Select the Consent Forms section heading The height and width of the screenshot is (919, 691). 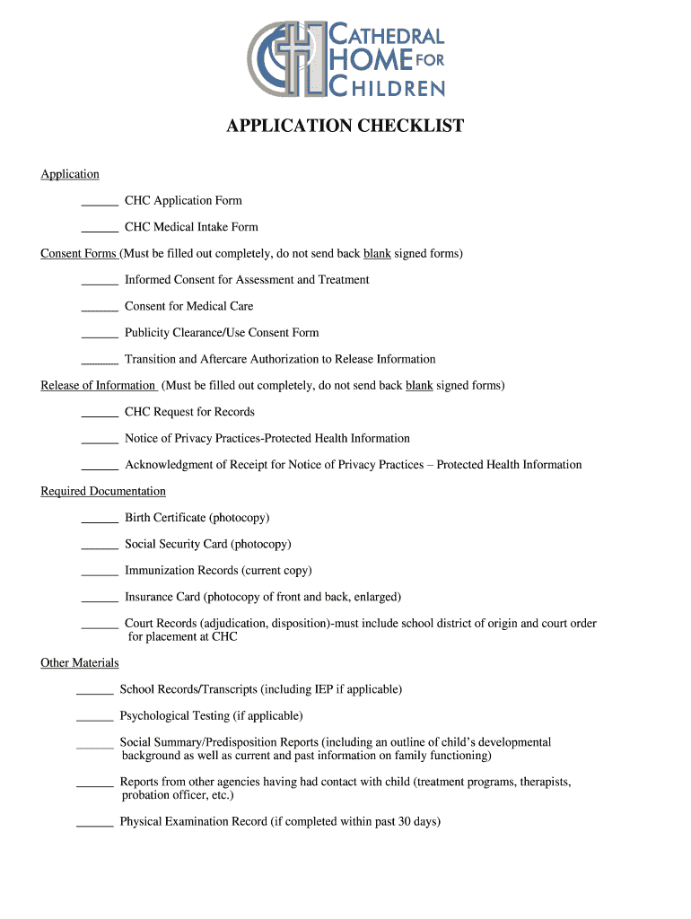coord(79,254)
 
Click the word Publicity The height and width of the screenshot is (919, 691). coord(150,333)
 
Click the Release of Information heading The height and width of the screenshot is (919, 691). coord(98,386)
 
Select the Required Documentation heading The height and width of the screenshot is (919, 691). coord(103,492)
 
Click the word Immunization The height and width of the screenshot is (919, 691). coord(162,571)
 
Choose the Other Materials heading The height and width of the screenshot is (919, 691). coord(80,663)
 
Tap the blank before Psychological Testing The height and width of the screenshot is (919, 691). coord(94,720)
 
